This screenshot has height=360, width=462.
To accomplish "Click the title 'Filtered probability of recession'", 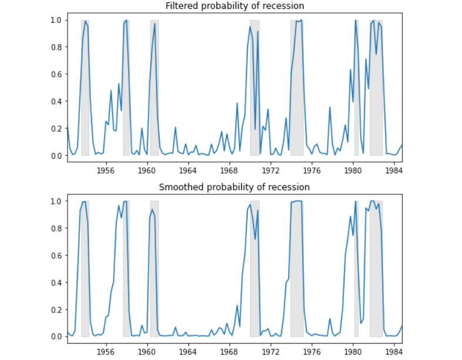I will (235, 6).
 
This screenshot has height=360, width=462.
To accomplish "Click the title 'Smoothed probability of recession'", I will (235, 187).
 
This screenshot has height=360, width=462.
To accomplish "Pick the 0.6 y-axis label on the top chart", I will (56, 74).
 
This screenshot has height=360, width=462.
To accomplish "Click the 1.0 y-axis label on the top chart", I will (56, 20).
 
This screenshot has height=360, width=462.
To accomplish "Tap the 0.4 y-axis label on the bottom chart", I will (56, 282).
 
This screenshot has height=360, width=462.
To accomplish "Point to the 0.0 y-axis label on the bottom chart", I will (56, 337).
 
